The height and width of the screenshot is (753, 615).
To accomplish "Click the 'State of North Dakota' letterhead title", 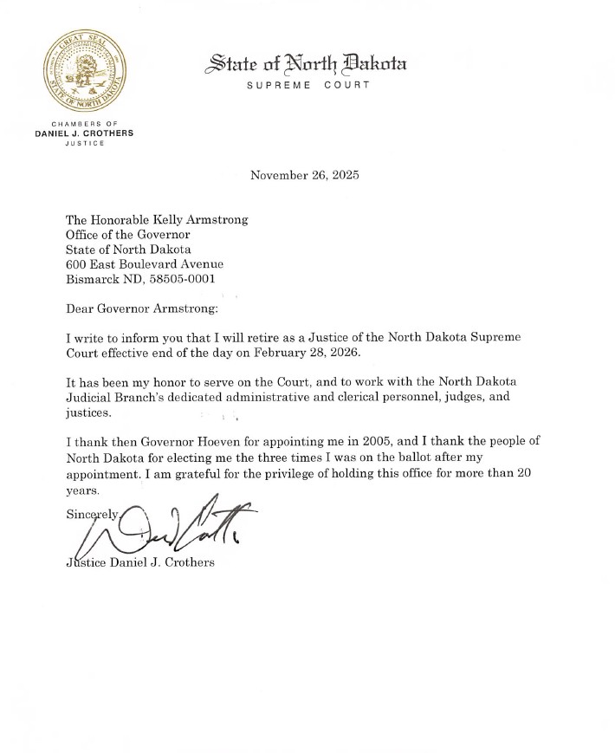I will click(305, 63).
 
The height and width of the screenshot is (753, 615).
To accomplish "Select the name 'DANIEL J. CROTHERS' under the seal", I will click(84, 134).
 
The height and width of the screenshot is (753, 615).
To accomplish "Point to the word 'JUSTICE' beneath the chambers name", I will click(84, 144).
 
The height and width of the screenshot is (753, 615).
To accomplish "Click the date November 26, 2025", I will click(304, 175).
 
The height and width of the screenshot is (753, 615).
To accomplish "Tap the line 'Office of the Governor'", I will click(128, 234).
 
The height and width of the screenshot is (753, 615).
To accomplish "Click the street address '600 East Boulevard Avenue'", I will click(145, 264).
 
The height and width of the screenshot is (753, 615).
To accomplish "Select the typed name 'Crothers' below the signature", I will click(191, 562).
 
